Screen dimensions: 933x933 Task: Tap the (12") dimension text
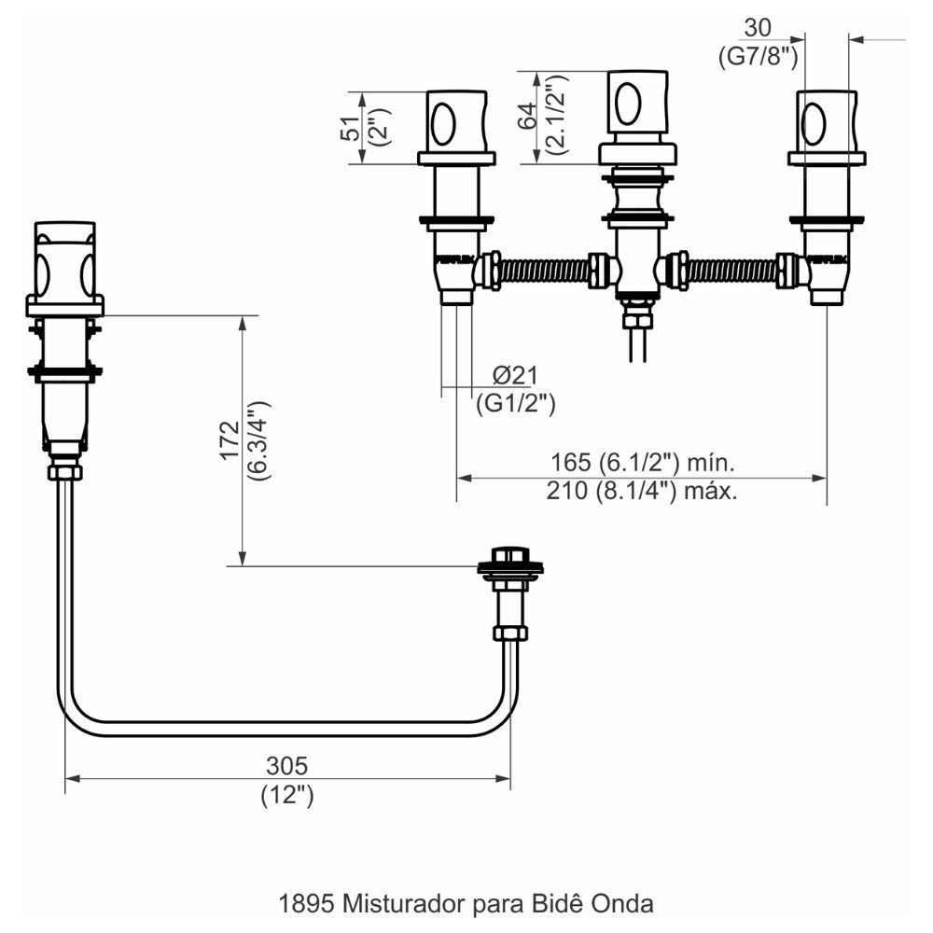pos(286,797)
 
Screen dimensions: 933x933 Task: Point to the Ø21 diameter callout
pos(515,376)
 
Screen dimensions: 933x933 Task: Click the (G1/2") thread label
pos(516,403)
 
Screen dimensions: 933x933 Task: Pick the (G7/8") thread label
pos(759,56)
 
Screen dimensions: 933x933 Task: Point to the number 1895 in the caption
pos(308,904)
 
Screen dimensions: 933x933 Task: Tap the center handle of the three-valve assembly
pos(637,102)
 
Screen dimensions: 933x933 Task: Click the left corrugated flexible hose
pos(545,271)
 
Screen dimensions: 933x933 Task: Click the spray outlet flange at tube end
pos(509,567)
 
